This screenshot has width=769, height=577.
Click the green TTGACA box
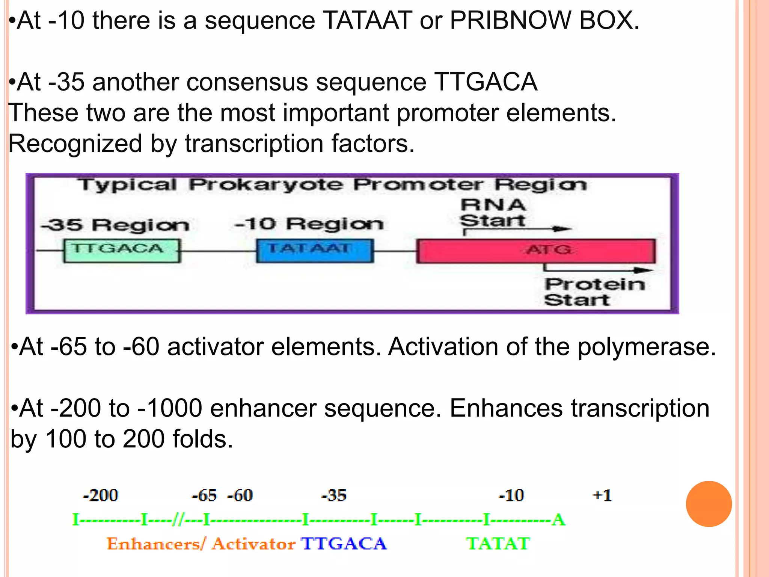[122, 251]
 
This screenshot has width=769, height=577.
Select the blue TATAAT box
[315, 251]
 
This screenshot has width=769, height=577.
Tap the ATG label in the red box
[549, 249]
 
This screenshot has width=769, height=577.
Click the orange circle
[709, 504]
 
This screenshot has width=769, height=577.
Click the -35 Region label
[115, 225]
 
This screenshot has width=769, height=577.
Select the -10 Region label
[309, 224]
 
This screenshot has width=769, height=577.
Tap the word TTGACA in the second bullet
[486, 82]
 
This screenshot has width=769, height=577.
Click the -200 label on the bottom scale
[100, 495]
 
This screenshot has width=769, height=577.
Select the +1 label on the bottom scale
[602, 495]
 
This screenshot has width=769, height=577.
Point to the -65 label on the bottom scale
[204, 495]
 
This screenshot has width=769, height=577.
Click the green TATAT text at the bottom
[498, 544]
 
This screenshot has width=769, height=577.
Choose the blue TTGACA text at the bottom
[344, 544]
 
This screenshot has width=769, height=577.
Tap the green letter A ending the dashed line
[558, 520]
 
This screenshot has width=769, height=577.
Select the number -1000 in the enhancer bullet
[170, 408]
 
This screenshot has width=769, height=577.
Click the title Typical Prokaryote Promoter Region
[332, 185]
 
